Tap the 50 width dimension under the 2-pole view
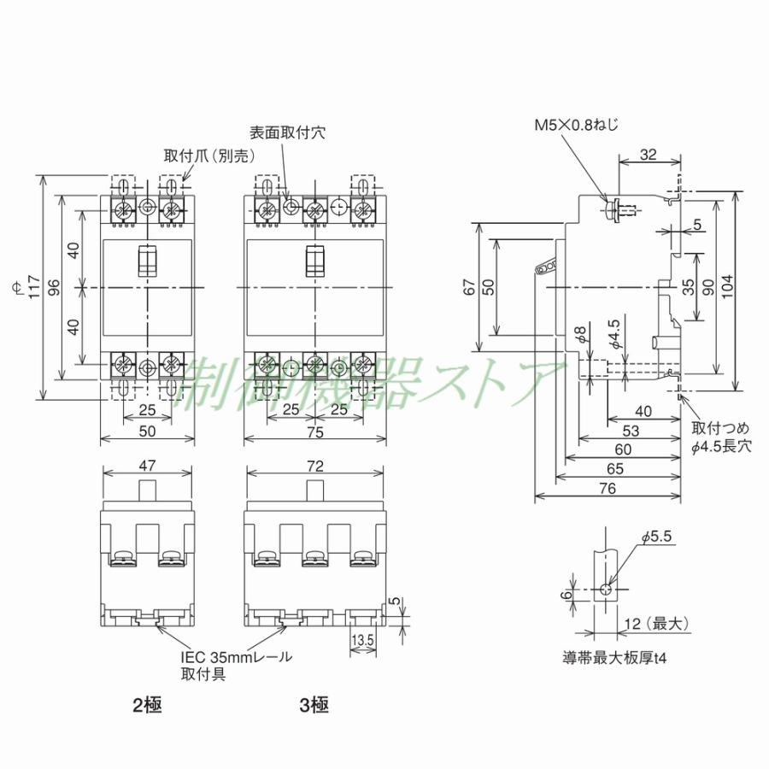[x=147, y=432]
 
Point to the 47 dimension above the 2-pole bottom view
[x=147, y=467]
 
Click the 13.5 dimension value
[x=362, y=639]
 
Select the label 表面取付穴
[x=287, y=133]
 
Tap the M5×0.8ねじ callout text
[x=577, y=125]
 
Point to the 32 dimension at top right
[x=649, y=155]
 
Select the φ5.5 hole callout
[x=657, y=537]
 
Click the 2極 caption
[x=147, y=706]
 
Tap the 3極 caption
[x=313, y=706]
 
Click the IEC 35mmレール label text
[x=237, y=657]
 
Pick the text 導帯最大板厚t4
[x=609, y=659]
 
